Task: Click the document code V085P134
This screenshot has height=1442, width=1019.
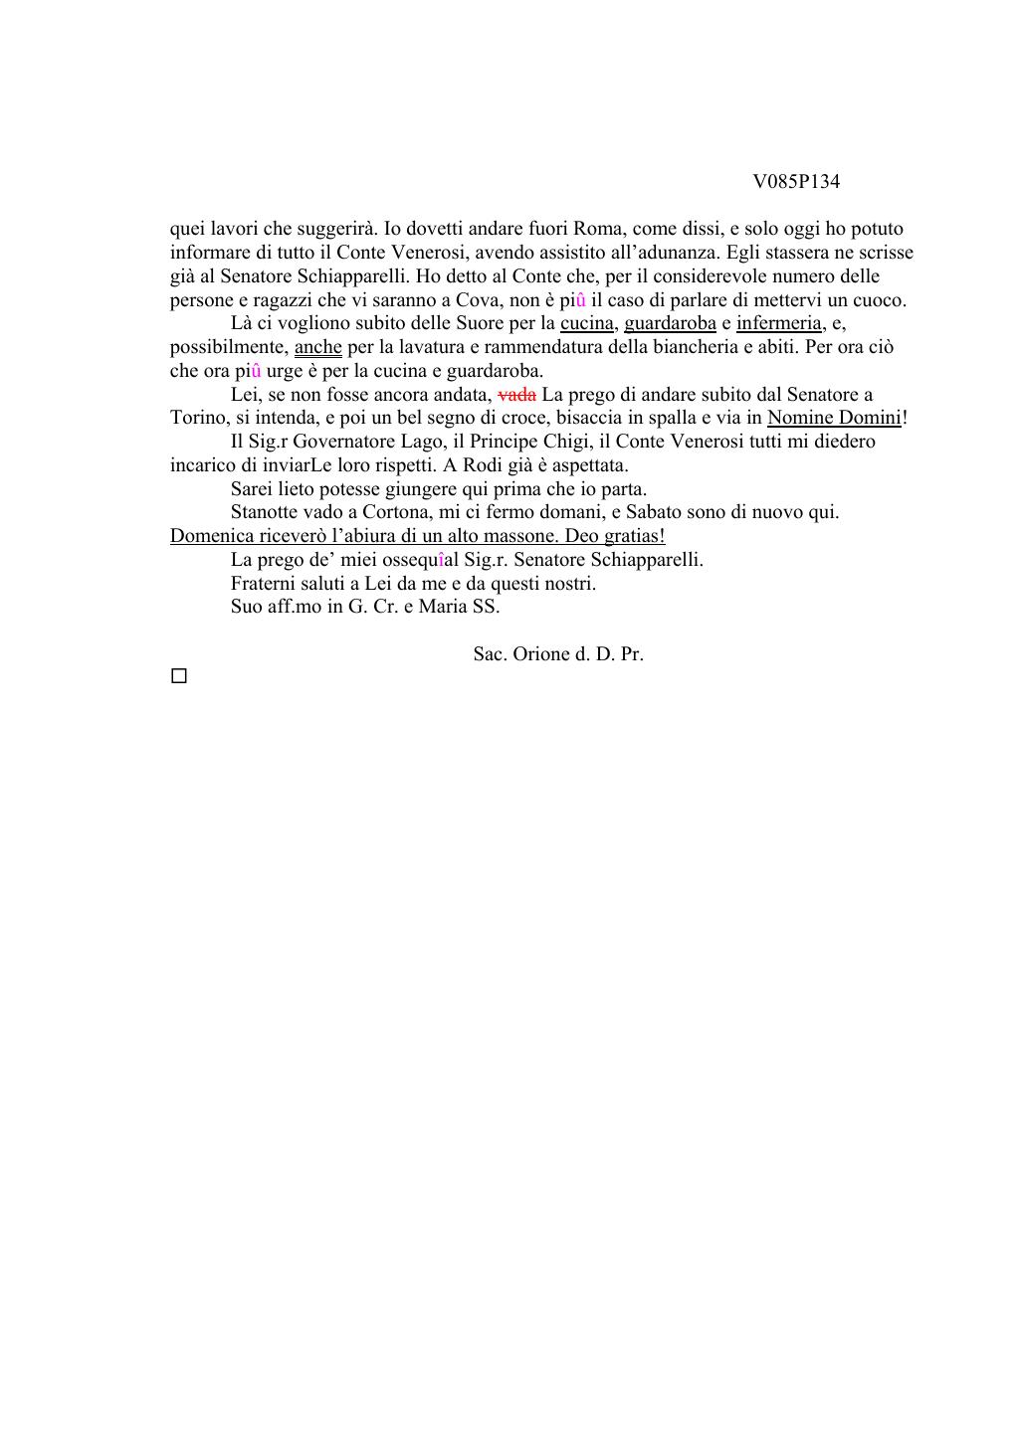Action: (796, 182)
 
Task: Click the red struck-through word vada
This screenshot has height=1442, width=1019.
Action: (516, 395)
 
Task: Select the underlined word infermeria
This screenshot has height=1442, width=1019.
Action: (778, 323)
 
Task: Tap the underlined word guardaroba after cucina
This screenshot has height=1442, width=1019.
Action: (670, 323)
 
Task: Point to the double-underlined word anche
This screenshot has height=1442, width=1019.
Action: (317, 347)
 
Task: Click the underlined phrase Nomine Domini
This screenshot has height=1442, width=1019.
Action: (834, 418)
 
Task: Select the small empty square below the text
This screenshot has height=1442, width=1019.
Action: (179, 676)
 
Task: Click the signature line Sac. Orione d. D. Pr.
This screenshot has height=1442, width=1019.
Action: (558, 654)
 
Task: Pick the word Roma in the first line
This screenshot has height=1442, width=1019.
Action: (598, 229)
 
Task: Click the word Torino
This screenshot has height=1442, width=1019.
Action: (198, 418)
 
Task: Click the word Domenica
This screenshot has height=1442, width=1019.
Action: (212, 536)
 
